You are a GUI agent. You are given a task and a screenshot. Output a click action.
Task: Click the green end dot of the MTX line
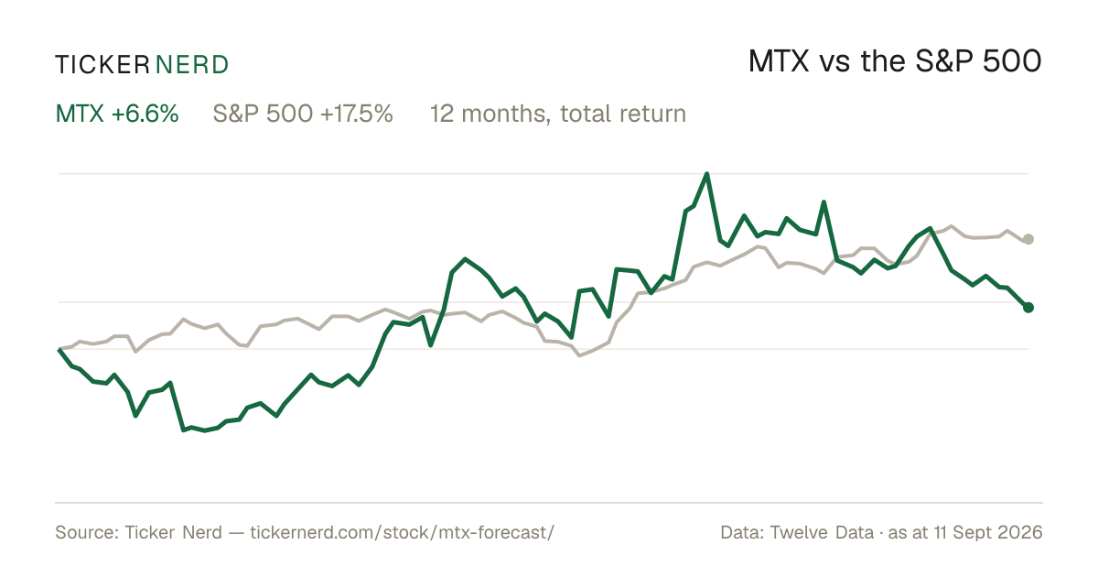coord(1028,307)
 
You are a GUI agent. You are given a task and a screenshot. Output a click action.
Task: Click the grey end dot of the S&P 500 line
coord(1028,239)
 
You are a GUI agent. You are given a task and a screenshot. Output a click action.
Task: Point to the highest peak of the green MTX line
coord(706,174)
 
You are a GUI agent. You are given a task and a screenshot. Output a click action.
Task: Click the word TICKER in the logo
coord(102,65)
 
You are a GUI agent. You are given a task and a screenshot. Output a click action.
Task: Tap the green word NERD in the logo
coord(191,65)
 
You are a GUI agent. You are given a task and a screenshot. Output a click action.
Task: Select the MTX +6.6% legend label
coord(117,114)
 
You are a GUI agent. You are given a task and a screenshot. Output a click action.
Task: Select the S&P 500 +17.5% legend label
coord(303,114)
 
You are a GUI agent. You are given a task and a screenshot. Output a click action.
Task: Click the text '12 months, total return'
coord(558,114)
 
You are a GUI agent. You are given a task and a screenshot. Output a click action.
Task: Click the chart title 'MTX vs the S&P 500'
coord(895,62)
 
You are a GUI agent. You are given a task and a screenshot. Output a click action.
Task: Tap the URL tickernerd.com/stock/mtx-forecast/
coord(402,532)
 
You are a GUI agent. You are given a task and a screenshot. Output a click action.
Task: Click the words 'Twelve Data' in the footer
coord(822,532)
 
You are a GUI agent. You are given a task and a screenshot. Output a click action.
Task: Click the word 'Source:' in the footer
coord(87,532)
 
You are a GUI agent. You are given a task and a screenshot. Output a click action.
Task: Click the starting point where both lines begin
coord(59,349)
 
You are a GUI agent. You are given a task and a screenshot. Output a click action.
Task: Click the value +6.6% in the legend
coord(145,114)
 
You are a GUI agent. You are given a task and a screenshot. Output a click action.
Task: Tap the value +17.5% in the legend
coord(356,114)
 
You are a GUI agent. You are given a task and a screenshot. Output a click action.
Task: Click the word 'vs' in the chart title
coord(834,63)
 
